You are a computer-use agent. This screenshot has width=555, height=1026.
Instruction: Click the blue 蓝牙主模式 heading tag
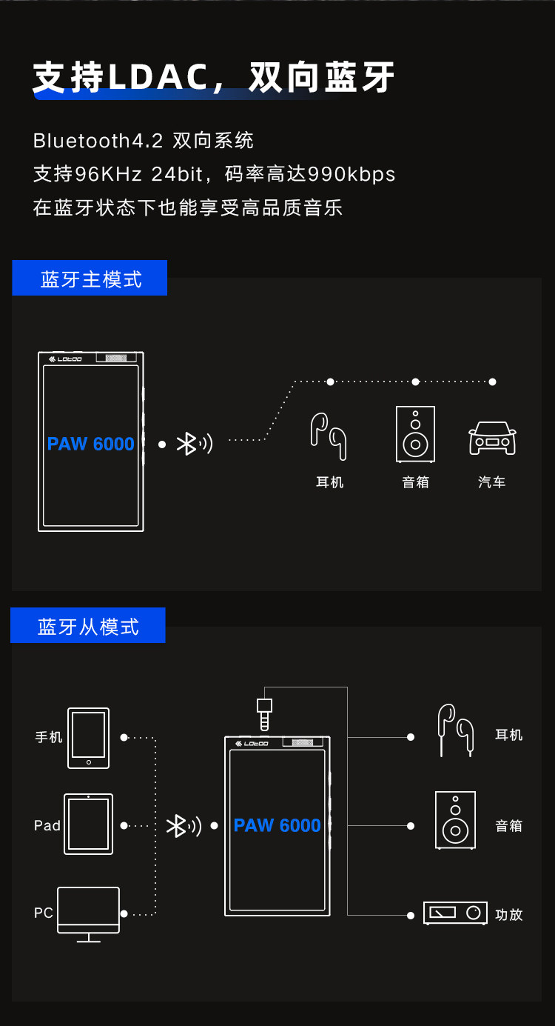[90, 279]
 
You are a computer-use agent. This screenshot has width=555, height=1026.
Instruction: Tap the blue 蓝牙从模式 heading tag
[88, 626]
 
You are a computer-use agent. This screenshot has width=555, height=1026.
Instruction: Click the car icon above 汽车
[492, 438]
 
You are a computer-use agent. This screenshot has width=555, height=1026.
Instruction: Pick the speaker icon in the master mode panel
[415, 434]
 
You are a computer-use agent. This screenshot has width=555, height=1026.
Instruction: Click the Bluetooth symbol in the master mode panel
[187, 444]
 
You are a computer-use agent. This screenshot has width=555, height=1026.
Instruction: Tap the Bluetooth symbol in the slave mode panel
[177, 826]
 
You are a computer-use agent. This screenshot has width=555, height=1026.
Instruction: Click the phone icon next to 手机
[88, 738]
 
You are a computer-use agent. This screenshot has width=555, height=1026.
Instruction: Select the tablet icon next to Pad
[88, 825]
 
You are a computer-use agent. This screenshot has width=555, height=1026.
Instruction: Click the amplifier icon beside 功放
[455, 913]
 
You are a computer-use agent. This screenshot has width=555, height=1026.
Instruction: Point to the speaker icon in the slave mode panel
[455, 820]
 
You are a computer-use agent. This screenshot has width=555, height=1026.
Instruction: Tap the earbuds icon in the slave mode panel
[455, 729]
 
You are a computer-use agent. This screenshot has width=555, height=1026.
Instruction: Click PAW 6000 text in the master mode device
[91, 444]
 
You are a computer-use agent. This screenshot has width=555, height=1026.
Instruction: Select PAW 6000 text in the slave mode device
[277, 825]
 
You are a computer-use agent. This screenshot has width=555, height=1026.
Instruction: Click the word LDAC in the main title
[158, 77]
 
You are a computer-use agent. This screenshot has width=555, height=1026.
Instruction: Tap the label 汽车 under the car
[492, 482]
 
